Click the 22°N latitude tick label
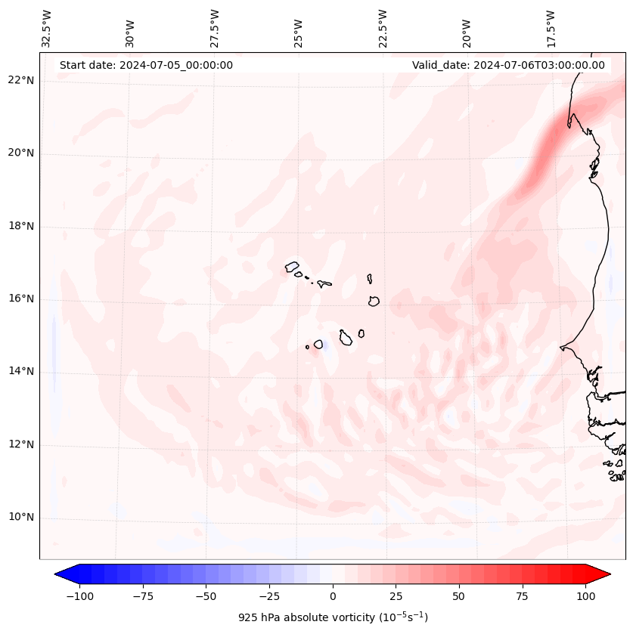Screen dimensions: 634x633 coord(20,80)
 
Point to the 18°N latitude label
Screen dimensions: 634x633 coord(20,226)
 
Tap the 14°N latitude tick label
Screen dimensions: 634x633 coord(20,371)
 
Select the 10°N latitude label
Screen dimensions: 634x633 coord(20,517)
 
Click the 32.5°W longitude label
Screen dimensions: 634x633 coord(47,29)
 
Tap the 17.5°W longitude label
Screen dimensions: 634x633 coord(551,29)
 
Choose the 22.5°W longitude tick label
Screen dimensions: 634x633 coord(383,29)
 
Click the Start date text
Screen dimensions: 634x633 coord(146,65)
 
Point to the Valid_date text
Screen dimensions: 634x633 coord(508,65)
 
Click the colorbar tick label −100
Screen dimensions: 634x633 coord(79,595)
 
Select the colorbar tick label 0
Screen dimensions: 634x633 coord(332,595)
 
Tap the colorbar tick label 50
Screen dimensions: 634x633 coord(458,595)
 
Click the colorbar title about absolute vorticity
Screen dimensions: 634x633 coord(333,617)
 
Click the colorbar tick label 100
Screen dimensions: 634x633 coord(585,595)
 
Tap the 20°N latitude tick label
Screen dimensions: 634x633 coord(20,153)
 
